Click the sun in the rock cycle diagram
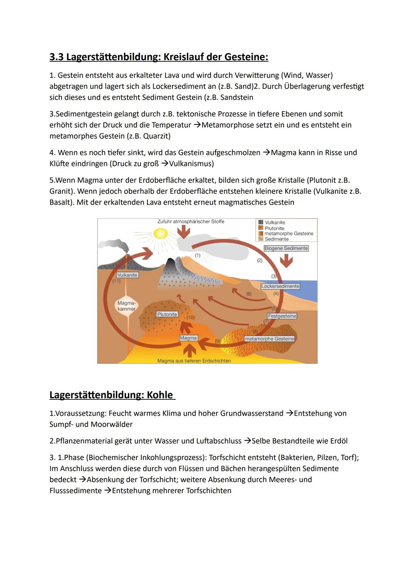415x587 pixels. click(161, 233)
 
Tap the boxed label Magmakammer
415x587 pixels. click(126, 306)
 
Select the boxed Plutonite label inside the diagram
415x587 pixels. click(167, 314)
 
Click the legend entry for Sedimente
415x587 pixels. click(276, 239)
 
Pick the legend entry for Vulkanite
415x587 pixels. click(275, 223)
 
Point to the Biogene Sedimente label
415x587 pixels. click(286, 248)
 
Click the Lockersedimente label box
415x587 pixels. click(280, 286)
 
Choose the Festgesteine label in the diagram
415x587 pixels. click(282, 316)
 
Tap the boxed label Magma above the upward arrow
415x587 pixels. click(188, 338)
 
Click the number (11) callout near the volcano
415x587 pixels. click(116, 281)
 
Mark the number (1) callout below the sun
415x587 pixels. click(198, 255)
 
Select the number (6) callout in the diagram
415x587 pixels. click(249, 294)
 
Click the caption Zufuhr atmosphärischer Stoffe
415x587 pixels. click(191, 222)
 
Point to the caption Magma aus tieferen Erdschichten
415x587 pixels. click(194, 361)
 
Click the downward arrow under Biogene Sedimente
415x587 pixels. click(286, 261)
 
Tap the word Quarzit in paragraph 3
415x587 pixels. click(156, 136)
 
